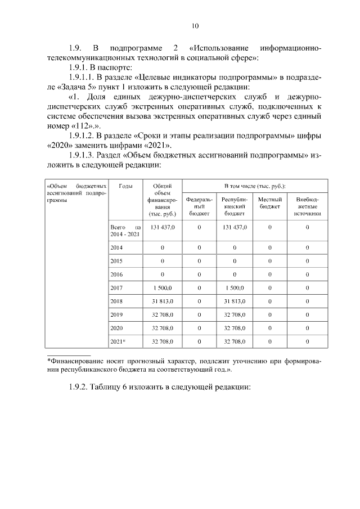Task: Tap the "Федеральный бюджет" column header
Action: [199, 206]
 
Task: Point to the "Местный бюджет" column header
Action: [270, 203]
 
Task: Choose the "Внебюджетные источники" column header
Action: [307, 206]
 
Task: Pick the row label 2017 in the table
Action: [116, 287]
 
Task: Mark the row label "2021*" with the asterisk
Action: [118, 341]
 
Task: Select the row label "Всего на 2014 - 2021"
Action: [124, 230]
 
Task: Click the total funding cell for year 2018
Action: [162, 301]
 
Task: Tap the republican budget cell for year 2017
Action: [234, 287]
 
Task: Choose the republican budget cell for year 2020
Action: [234, 328]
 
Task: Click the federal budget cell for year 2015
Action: [199, 260]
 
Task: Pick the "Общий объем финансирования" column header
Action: [163, 200]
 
